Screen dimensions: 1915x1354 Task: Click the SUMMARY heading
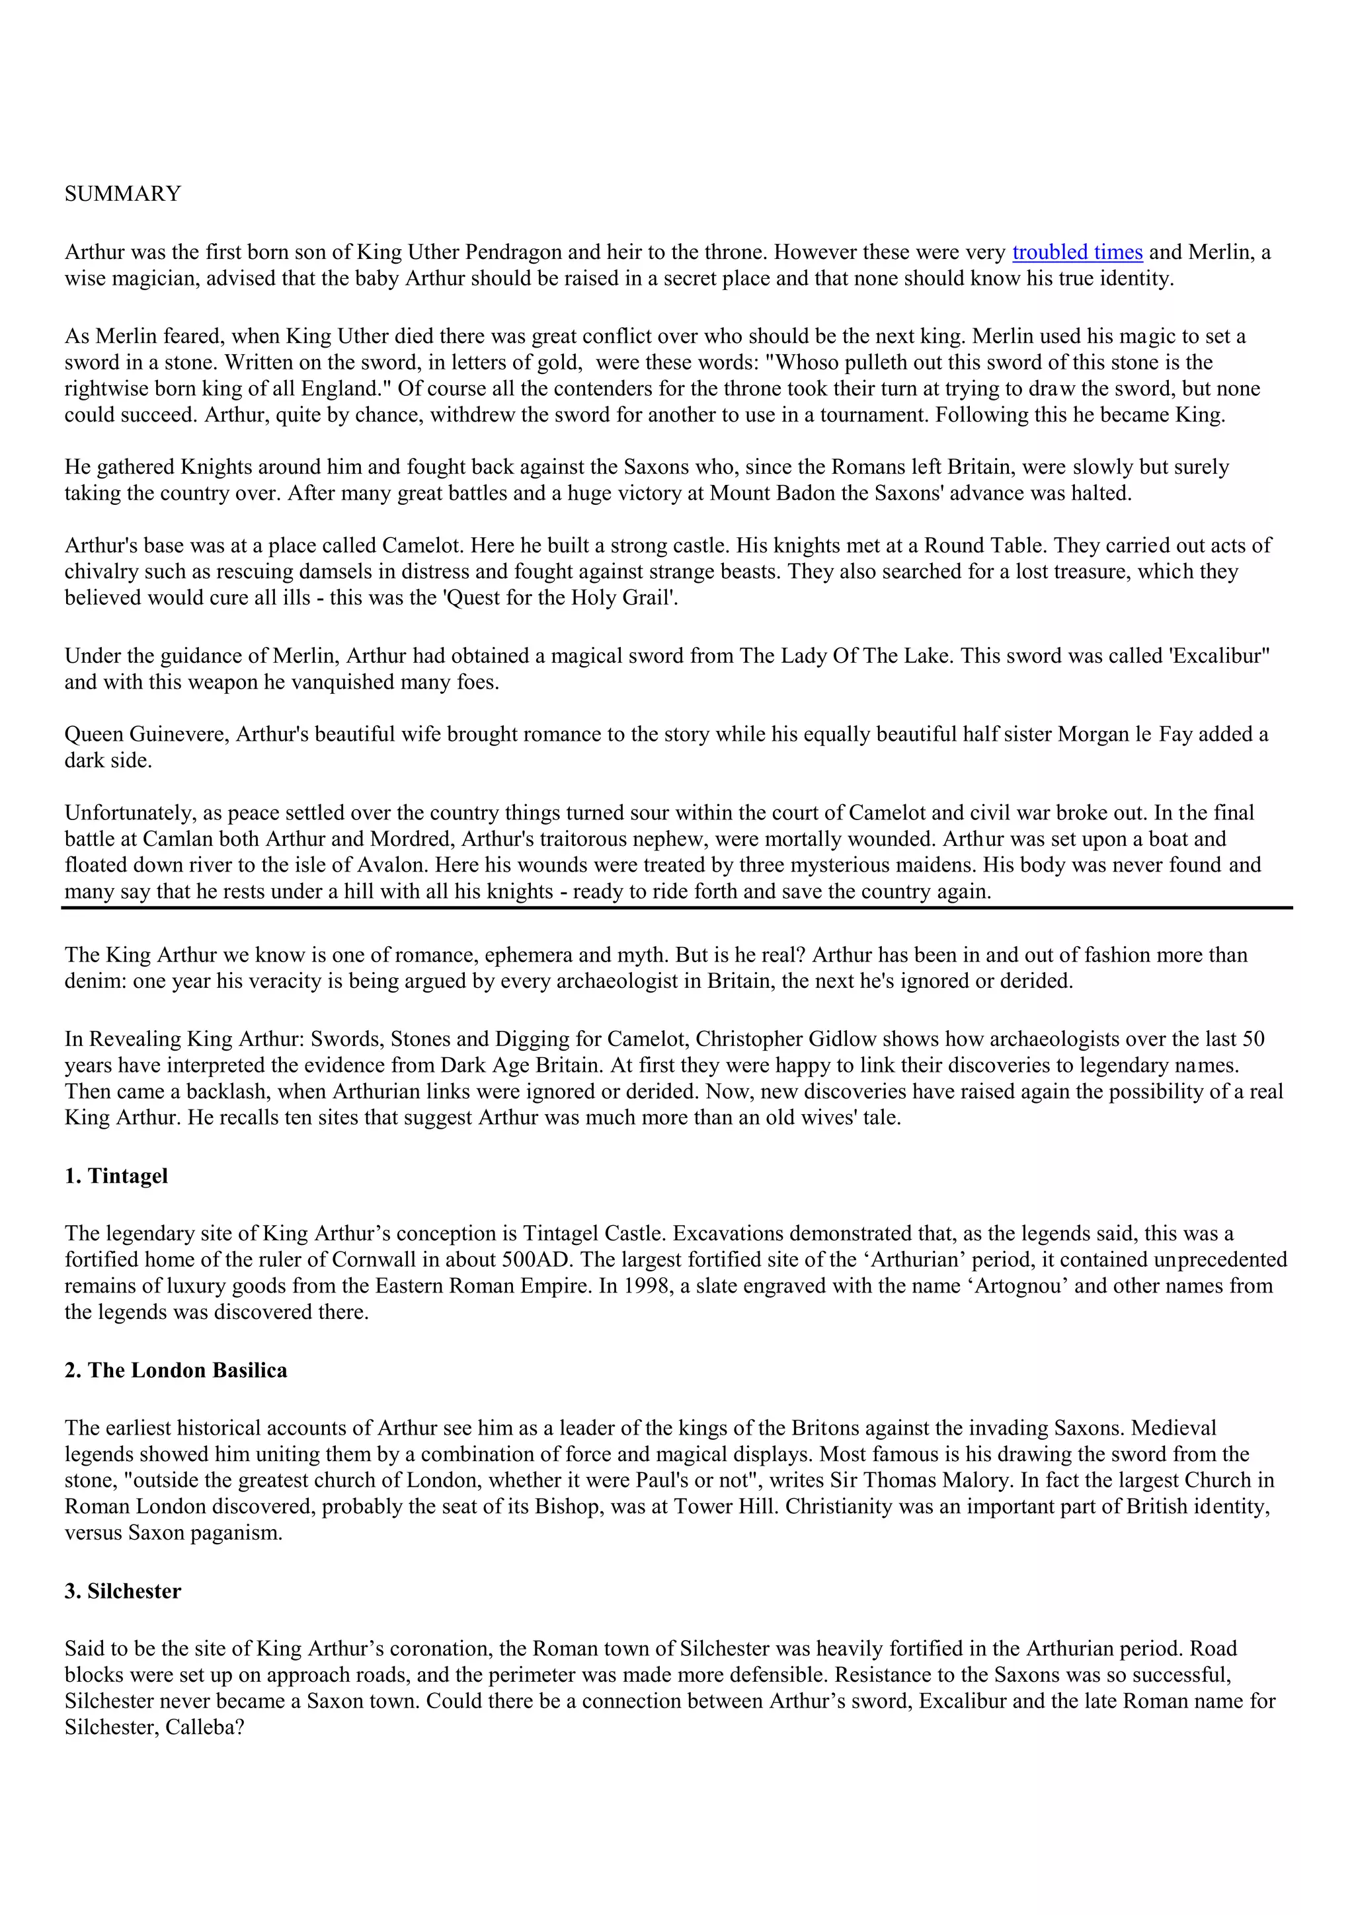tap(122, 194)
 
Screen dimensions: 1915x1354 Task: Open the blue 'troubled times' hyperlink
tap(1077, 252)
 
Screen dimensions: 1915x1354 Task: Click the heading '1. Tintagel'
tap(116, 1176)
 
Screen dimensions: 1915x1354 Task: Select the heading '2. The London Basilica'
tap(176, 1371)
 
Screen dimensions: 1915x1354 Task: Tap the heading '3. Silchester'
tap(122, 1591)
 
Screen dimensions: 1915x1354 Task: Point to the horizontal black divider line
tap(676, 907)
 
